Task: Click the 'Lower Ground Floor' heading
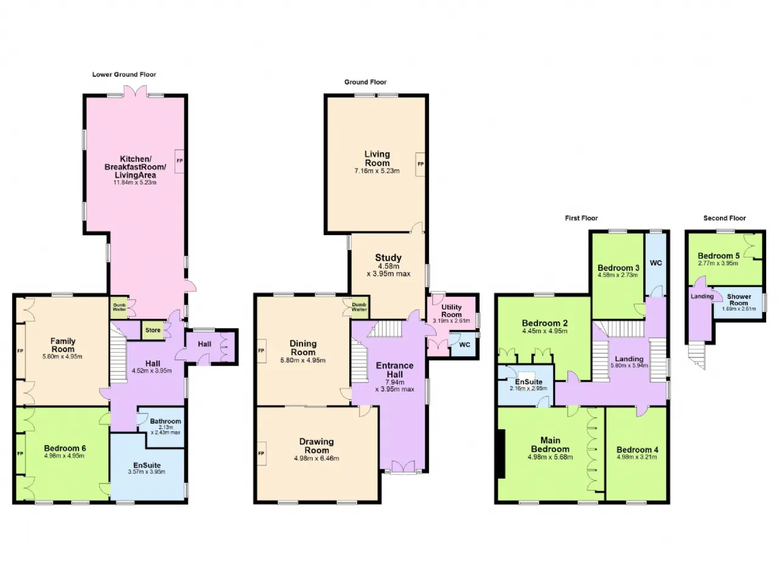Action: tap(124, 74)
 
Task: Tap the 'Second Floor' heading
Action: tap(724, 218)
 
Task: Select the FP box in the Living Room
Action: tap(420, 164)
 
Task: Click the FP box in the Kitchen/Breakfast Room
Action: tap(180, 161)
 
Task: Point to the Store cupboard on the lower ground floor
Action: tap(153, 330)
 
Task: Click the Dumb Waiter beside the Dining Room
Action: tap(359, 308)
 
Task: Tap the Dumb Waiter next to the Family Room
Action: tap(119, 307)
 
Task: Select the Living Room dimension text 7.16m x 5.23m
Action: tap(377, 171)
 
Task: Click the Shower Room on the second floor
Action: tap(738, 303)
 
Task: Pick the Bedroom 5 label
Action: tap(719, 256)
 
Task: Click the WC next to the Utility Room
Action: tap(464, 344)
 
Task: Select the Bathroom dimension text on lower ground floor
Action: tap(165, 430)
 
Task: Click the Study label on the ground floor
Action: tap(388, 258)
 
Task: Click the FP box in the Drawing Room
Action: tap(262, 454)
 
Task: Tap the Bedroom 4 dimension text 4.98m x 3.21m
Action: tap(637, 457)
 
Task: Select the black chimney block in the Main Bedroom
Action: tap(501, 454)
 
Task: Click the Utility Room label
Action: tap(452, 311)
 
